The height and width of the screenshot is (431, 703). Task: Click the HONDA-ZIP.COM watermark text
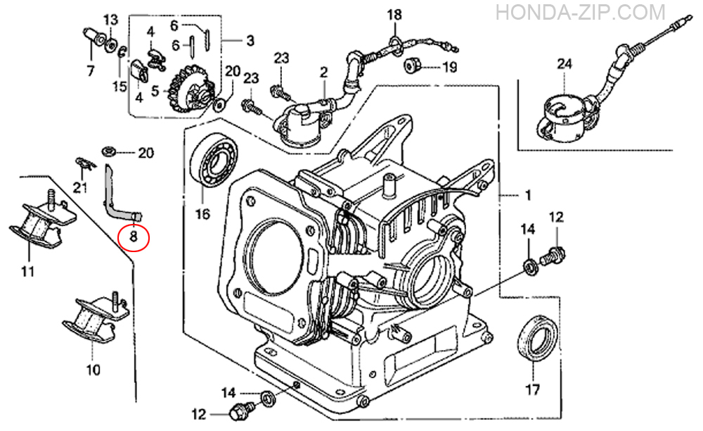(581, 12)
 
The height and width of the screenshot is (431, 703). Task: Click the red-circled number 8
(134, 238)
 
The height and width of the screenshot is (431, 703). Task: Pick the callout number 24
(565, 64)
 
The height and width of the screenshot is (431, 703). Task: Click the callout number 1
(528, 194)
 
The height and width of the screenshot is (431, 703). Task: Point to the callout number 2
(323, 72)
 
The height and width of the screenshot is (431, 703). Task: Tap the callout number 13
(111, 18)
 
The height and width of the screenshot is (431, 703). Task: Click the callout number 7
(90, 70)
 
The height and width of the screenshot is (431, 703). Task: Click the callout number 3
(250, 40)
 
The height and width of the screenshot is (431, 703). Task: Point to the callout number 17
(532, 389)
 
